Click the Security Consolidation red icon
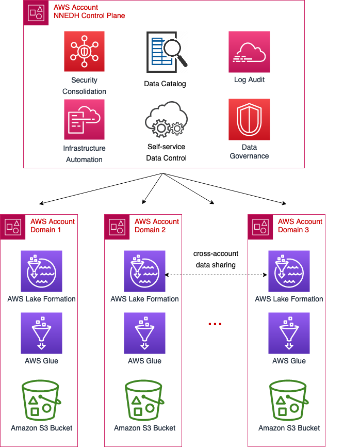click(84, 52)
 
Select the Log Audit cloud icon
click(249, 52)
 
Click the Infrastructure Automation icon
click(84, 120)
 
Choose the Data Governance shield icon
click(249, 120)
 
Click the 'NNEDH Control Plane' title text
click(89, 15)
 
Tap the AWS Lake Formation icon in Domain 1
click(41, 271)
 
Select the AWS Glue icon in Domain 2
click(144, 333)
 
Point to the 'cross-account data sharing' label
click(216, 259)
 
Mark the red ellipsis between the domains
click(215, 324)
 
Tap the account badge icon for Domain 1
click(13, 226)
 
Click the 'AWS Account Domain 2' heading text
click(157, 226)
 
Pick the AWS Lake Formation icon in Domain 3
click(289, 271)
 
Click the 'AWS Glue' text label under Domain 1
click(41, 361)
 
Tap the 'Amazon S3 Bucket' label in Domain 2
click(144, 428)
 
